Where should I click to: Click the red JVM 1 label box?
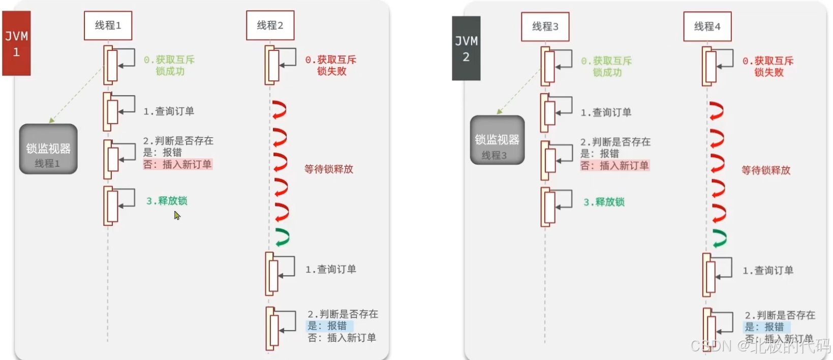[16, 43]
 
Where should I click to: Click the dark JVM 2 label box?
[466, 48]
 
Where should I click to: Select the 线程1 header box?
[108, 25]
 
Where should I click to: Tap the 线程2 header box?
[270, 25]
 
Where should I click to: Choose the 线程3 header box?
[545, 26]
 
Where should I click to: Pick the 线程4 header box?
[707, 26]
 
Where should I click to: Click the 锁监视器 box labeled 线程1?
[48, 149]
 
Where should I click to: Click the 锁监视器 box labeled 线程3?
[497, 140]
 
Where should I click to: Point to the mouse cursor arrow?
[177, 216]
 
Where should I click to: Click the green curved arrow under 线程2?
[282, 237]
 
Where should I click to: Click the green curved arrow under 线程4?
[719, 238]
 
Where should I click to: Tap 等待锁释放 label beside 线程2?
[328, 169]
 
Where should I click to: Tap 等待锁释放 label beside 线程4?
[765, 170]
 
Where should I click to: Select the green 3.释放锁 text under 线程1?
[167, 201]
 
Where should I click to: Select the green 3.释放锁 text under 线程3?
[604, 202]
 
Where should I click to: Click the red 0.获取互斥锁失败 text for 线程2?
[331, 66]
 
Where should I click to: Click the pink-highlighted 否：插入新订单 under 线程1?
[177, 164]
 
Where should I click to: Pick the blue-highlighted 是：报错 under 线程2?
[329, 326]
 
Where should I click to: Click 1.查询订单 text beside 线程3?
[606, 112]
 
